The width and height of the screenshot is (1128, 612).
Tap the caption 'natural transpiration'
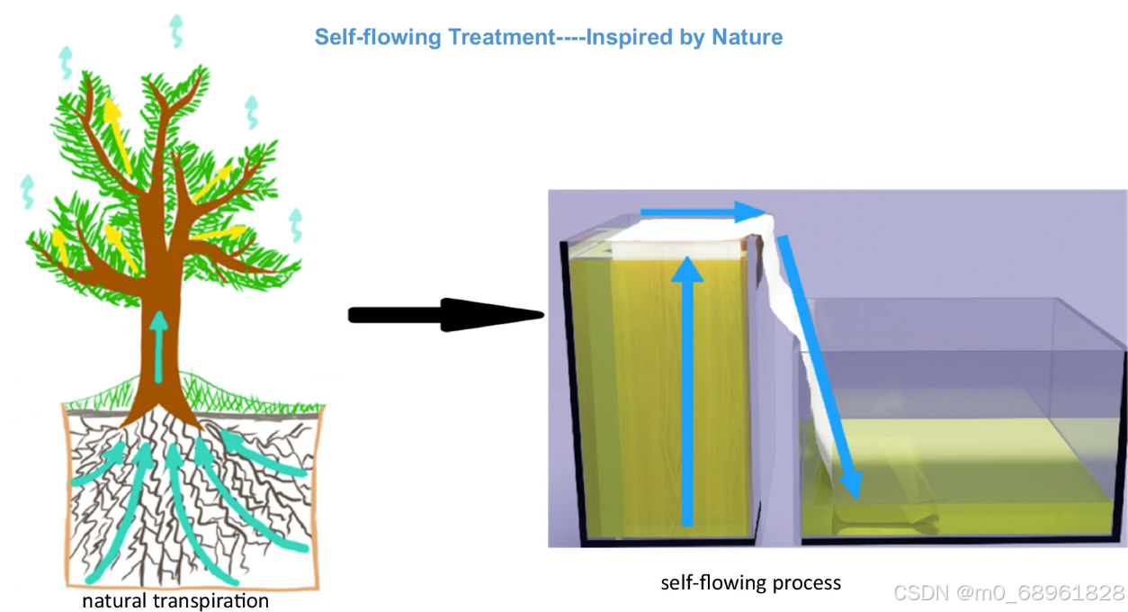click(175, 600)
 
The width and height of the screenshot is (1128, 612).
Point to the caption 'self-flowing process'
click(750, 582)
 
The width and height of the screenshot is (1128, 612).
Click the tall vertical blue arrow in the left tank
click(689, 387)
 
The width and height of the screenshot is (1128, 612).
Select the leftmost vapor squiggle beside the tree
click(28, 191)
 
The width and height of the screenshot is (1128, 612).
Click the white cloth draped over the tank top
click(684, 236)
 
